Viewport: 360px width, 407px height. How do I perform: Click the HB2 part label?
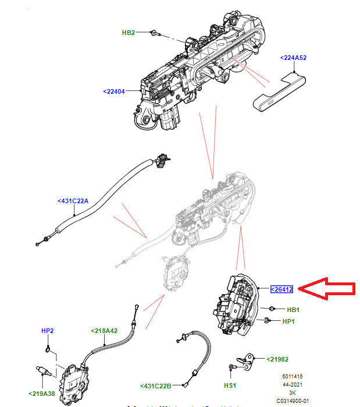(x=128, y=33)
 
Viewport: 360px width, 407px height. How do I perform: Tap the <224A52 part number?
(x=293, y=58)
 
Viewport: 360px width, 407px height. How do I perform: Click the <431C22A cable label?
(x=73, y=201)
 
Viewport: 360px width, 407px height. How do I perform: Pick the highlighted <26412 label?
(x=281, y=289)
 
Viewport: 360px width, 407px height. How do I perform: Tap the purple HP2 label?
(x=48, y=331)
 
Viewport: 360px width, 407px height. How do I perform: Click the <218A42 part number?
(x=104, y=331)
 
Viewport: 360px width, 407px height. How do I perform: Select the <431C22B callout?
(x=156, y=385)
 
